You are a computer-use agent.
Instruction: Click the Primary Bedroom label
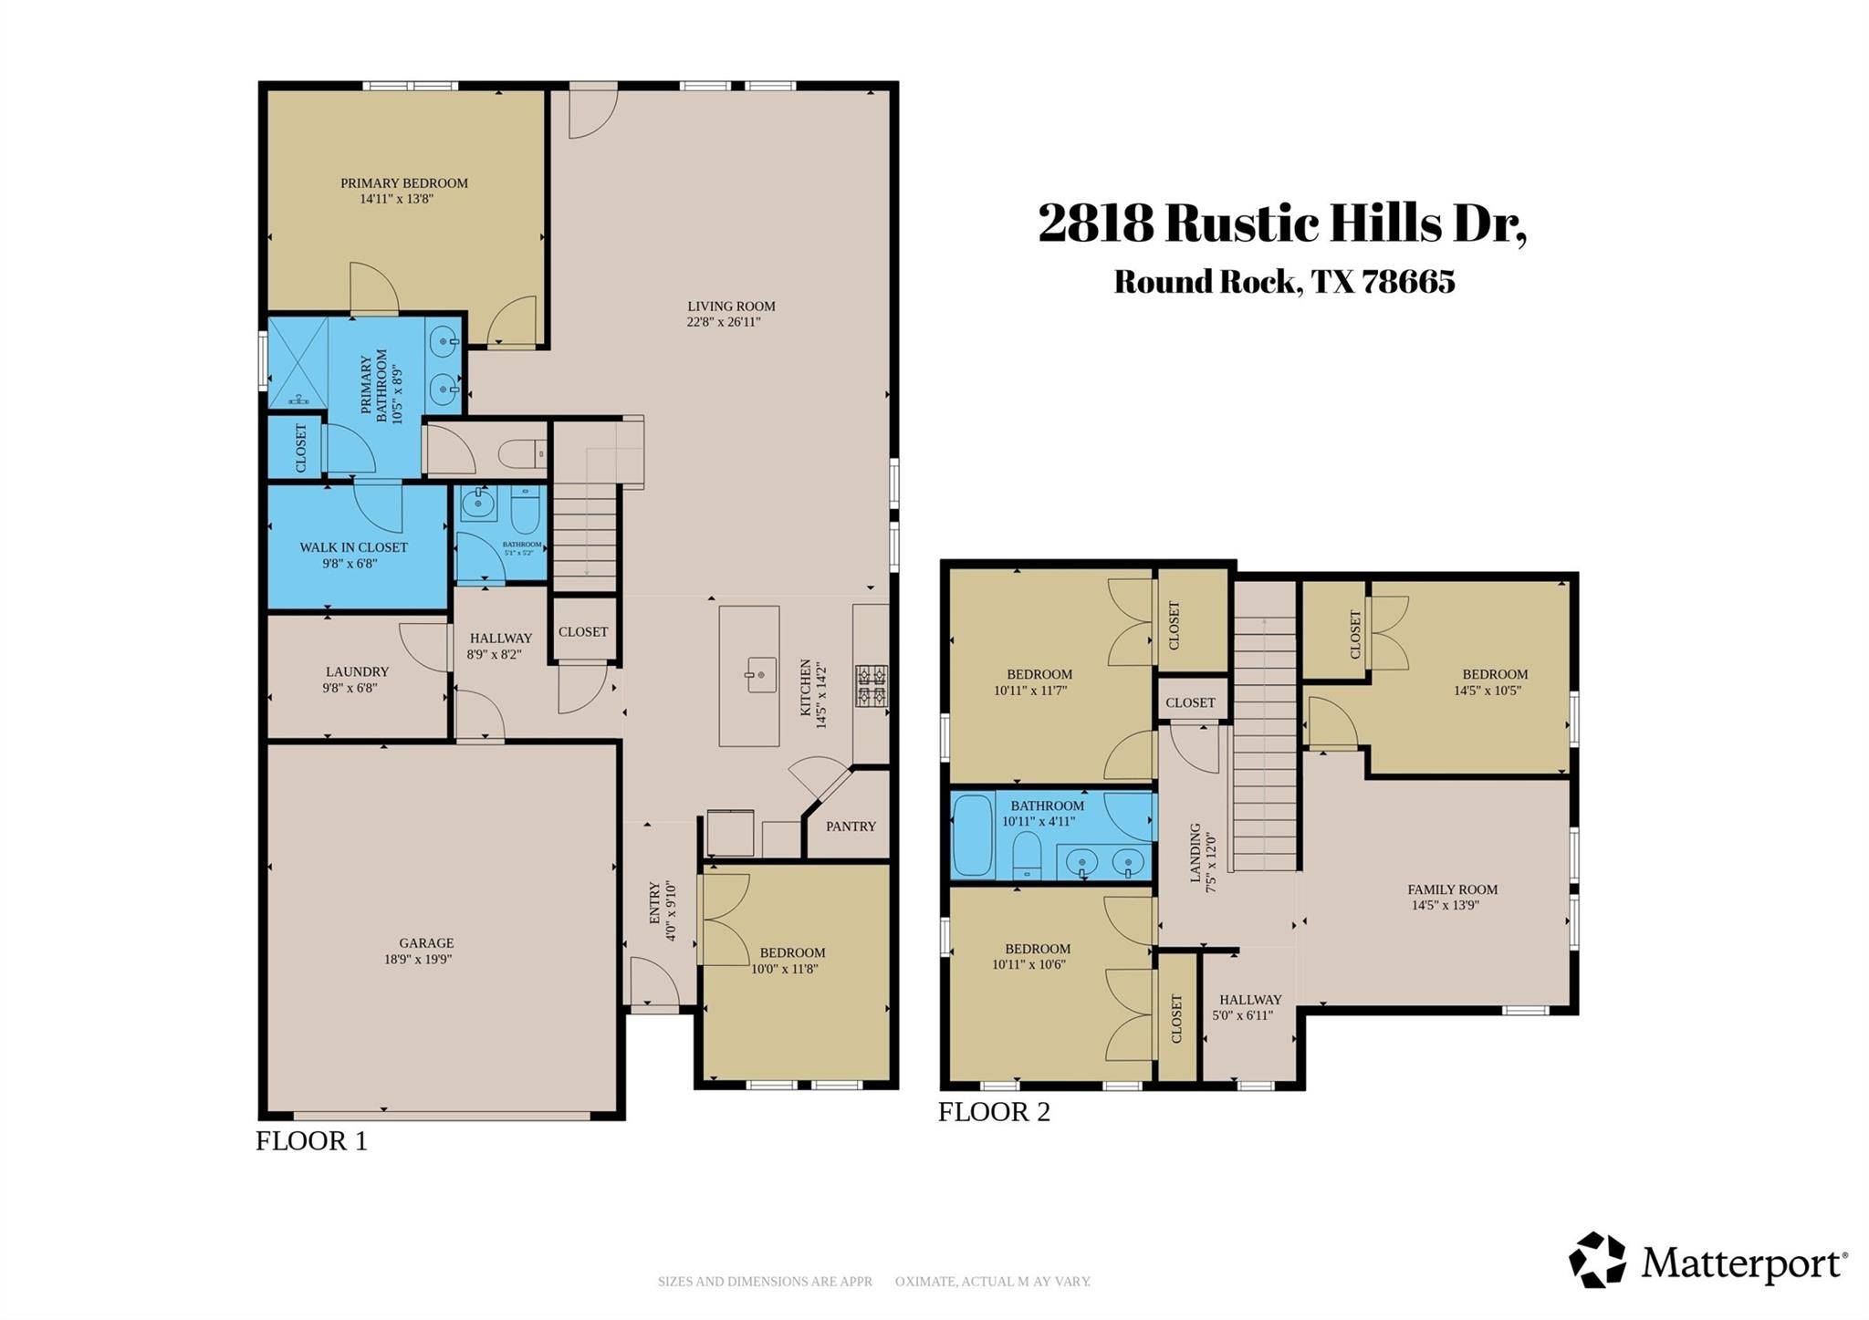[x=403, y=183]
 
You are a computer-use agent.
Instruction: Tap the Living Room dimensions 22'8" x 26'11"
[x=723, y=322]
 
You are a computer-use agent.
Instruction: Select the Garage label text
[x=425, y=943]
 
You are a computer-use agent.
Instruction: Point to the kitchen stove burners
[x=871, y=686]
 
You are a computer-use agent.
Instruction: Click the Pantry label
[x=851, y=826]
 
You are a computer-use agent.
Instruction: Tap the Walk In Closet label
[x=353, y=547]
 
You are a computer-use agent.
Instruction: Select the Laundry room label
[x=357, y=671]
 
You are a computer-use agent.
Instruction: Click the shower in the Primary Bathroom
[x=298, y=362]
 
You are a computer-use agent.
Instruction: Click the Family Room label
[x=1452, y=889]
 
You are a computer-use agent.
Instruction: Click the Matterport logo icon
[x=1597, y=1260]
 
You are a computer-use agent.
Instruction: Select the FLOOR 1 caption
[x=311, y=1141]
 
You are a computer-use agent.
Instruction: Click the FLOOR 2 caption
[x=994, y=1112]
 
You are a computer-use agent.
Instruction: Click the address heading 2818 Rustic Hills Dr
[x=1281, y=223]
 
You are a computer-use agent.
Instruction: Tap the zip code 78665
[x=1408, y=282]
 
